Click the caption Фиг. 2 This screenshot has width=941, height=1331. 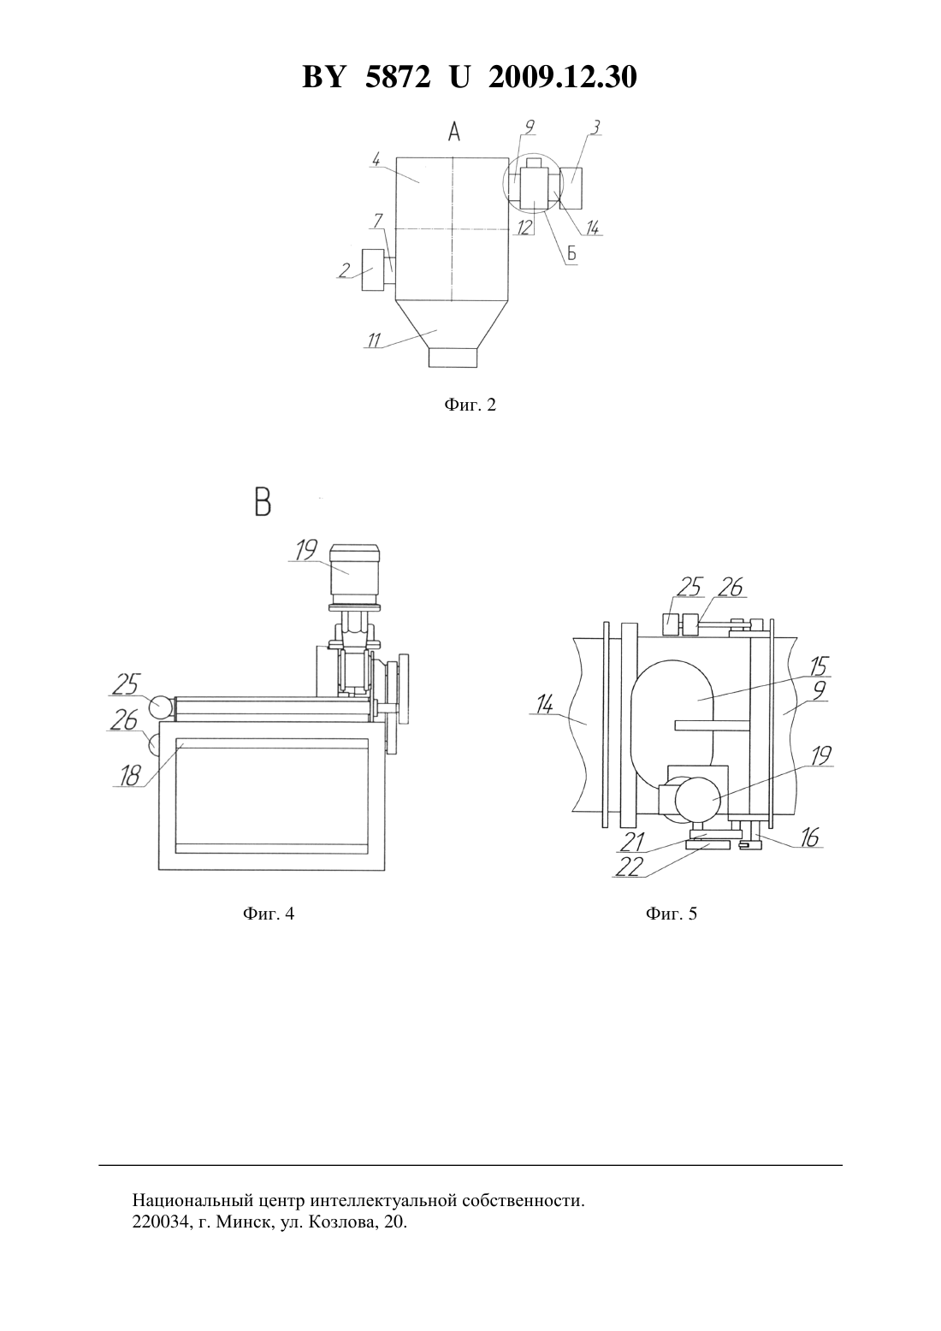point(470,405)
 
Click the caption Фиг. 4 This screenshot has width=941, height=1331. point(269,914)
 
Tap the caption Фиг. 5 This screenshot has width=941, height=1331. point(672,914)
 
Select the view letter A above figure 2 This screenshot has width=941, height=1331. point(454,132)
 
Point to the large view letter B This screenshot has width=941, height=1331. point(263,502)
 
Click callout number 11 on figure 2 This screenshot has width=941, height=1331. point(375,340)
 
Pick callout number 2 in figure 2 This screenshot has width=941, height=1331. point(344,270)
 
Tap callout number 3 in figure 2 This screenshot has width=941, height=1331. point(596,127)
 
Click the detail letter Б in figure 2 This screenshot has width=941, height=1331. point(571,254)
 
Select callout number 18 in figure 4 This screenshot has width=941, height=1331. point(130,776)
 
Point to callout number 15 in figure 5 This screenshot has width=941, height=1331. point(820,666)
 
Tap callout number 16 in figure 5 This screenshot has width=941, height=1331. point(810,837)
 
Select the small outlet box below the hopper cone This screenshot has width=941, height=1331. point(453,358)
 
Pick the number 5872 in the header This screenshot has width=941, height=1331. point(398,78)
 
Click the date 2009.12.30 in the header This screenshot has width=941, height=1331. point(563,78)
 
